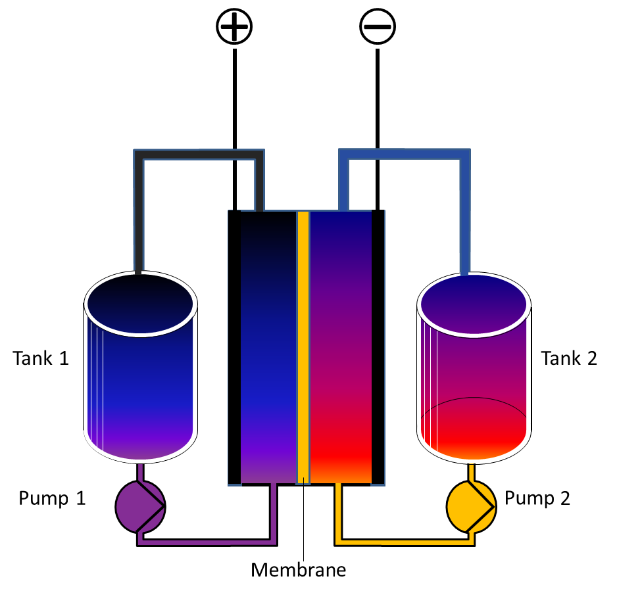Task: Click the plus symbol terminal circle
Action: click(235, 26)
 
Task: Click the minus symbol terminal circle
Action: click(377, 27)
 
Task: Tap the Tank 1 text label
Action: click(41, 358)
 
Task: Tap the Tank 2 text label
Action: click(569, 358)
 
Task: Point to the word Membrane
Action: click(298, 569)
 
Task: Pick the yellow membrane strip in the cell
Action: click(303, 348)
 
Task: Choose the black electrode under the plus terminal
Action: click(234, 348)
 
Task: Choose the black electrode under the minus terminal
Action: click(378, 348)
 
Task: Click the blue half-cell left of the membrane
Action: click(268, 348)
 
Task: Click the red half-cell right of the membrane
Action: click(340, 348)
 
